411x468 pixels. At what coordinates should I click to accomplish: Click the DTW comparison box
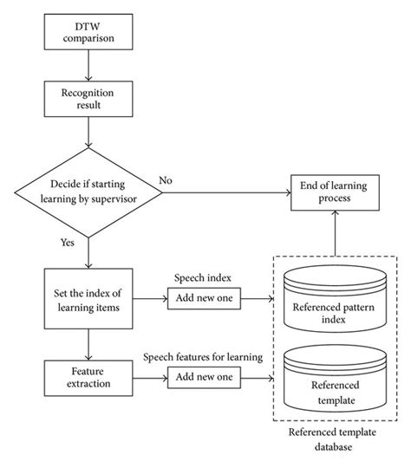pos(87,32)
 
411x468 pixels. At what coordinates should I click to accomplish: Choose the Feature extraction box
pos(87,374)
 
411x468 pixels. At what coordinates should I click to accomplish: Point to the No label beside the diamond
pos(166,180)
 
